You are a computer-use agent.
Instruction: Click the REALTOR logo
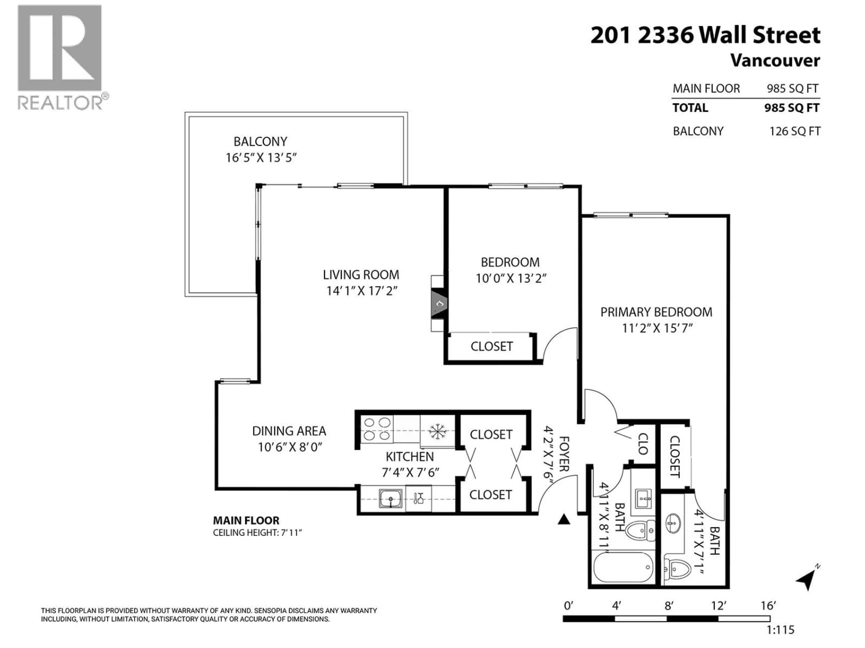(x=61, y=57)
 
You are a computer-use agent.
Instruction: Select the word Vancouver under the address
(x=775, y=61)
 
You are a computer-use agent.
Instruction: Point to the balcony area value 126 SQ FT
(x=795, y=131)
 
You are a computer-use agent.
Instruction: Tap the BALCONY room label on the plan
(x=260, y=141)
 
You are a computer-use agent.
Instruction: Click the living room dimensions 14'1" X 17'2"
(x=362, y=291)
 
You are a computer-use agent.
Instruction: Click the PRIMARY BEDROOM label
(x=656, y=312)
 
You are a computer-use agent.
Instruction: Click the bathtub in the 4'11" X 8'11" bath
(x=623, y=567)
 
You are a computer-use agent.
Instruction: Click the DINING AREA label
(x=289, y=431)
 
